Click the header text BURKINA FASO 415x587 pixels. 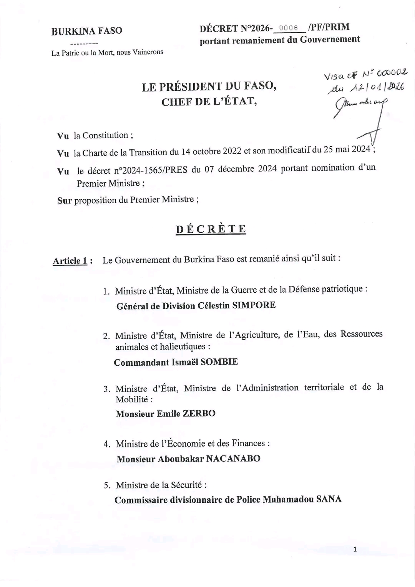click(87, 31)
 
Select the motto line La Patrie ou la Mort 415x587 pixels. click(107, 52)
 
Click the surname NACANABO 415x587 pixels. click(233, 459)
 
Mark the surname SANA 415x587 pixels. click(329, 499)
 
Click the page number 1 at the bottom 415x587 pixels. click(355, 549)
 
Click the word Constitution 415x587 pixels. click(105, 135)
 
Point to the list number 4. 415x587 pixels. click(107, 444)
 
